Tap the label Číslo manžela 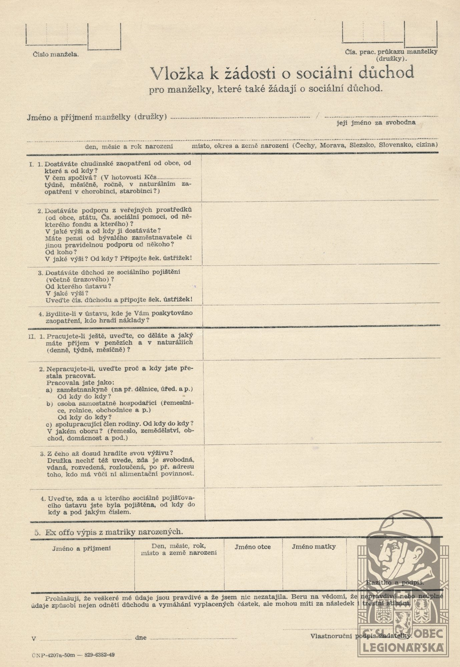[x=56, y=55]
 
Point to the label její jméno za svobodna [x=376, y=122]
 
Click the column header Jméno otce [x=253, y=547]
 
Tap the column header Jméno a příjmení [x=81, y=548]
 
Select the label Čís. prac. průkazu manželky [x=391, y=52]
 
